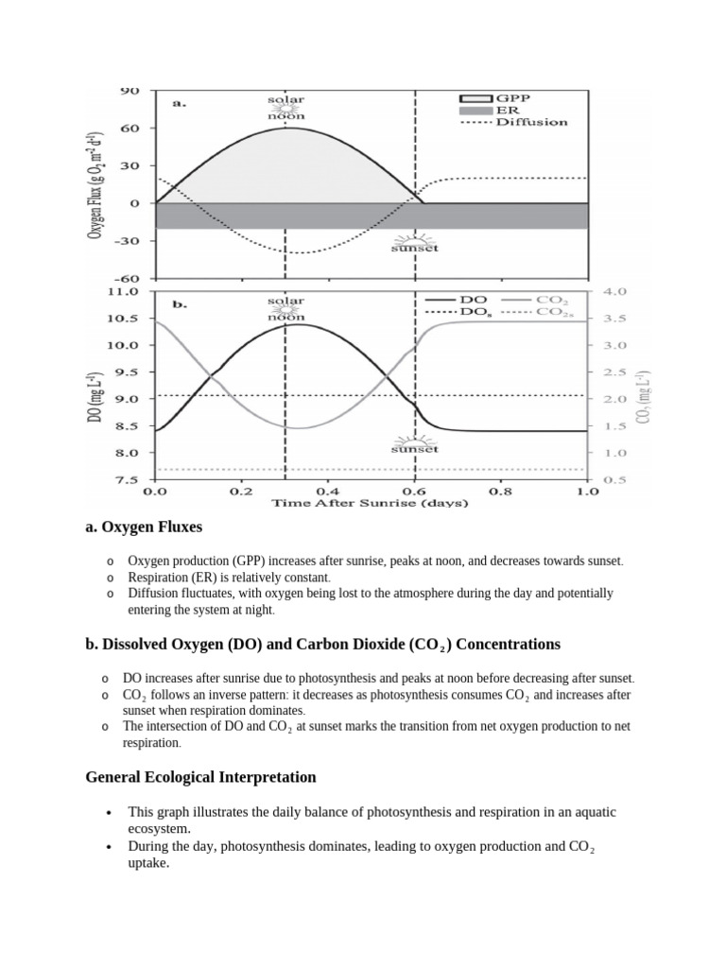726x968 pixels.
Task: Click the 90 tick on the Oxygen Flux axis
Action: pos(130,90)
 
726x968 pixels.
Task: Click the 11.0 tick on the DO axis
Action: pos(124,292)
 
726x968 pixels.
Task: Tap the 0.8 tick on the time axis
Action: pos(500,492)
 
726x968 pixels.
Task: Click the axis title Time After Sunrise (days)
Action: pos(370,504)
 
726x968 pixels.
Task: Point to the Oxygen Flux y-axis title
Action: pos(95,183)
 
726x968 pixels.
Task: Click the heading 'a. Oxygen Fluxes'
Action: pos(144,527)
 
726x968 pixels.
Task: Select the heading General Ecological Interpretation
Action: pos(200,777)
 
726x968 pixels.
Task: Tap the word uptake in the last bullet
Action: pos(148,862)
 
